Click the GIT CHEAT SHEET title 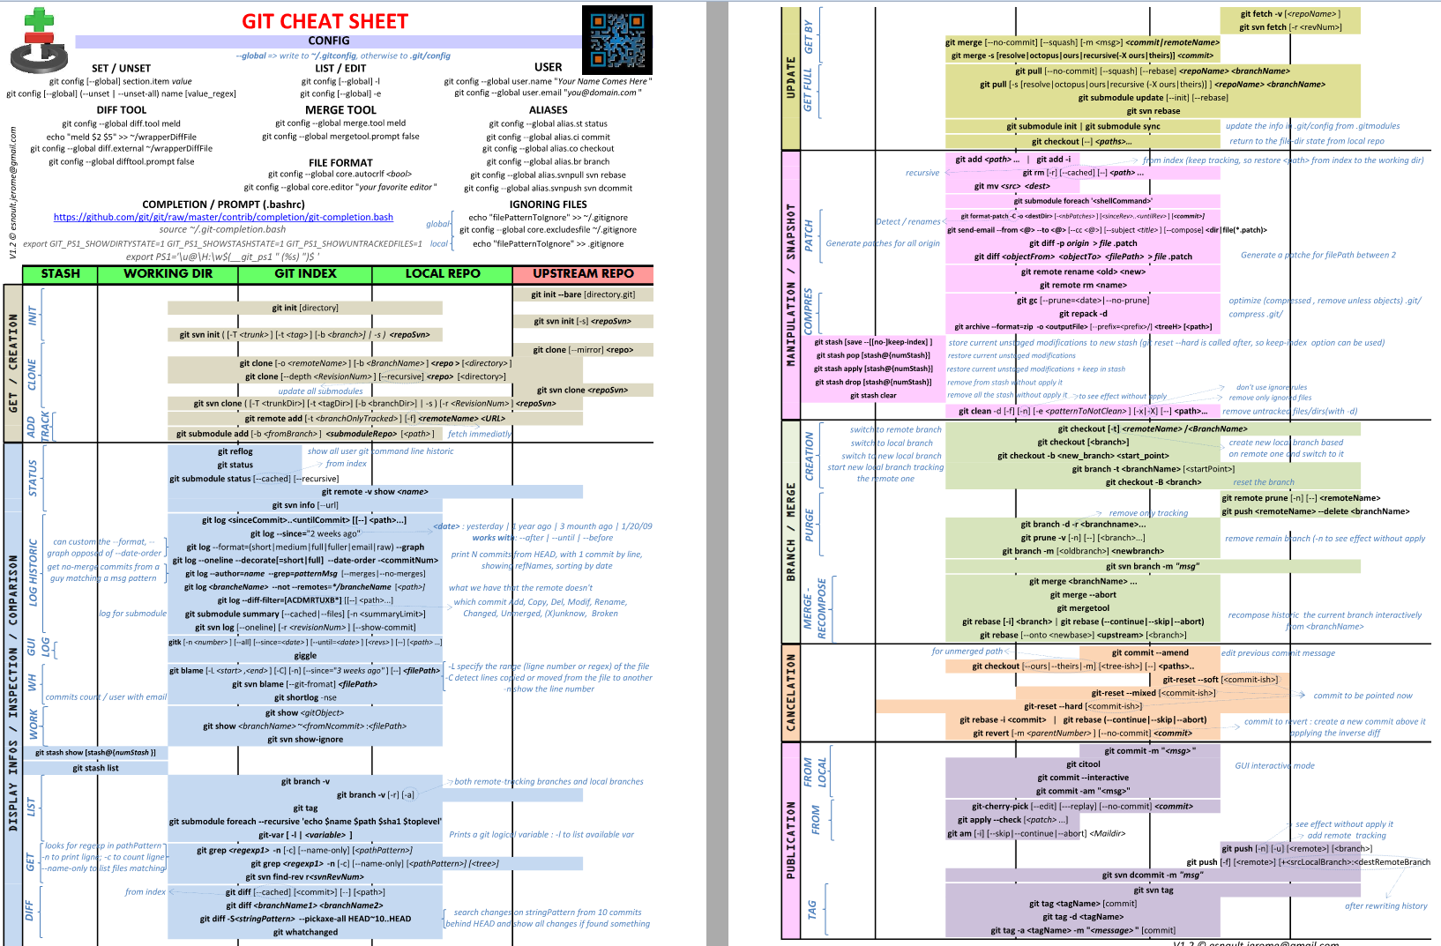tap(325, 21)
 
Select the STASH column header tap(60, 274)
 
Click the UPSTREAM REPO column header tap(583, 274)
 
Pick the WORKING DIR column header tap(168, 274)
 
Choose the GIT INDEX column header tap(305, 274)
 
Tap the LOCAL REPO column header tap(443, 274)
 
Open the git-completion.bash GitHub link tap(223, 217)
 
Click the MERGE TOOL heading tap(340, 110)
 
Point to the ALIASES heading tap(549, 110)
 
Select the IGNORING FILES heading tap(548, 205)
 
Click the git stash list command tap(95, 768)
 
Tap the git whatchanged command tap(305, 932)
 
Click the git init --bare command tap(583, 294)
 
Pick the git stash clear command tap(873, 396)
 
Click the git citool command tap(1083, 764)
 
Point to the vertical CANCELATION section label tap(791, 692)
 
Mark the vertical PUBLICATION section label tap(791, 839)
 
